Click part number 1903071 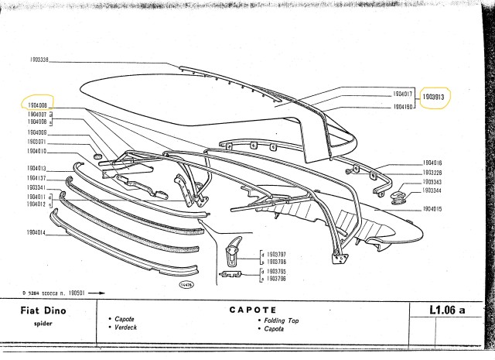point(35,142)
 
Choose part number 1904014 point(35,232)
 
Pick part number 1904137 point(35,178)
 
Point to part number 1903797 point(275,253)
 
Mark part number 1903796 point(275,262)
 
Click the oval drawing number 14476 point(186,286)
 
